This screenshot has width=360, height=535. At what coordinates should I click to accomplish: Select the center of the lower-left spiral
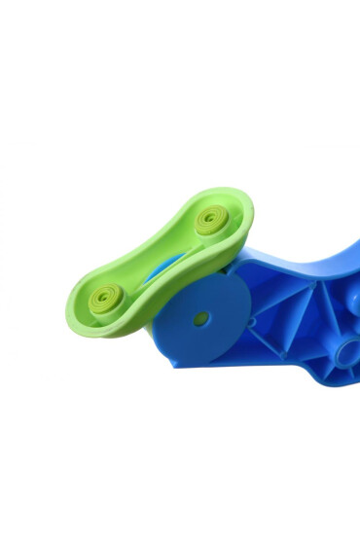tap(105, 296)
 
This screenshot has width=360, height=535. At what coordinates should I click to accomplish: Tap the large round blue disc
tap(200, 317)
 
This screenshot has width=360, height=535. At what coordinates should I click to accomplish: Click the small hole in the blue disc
tap(200, 318)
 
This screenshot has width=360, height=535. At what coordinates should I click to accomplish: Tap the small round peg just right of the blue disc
tap(251, 320)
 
